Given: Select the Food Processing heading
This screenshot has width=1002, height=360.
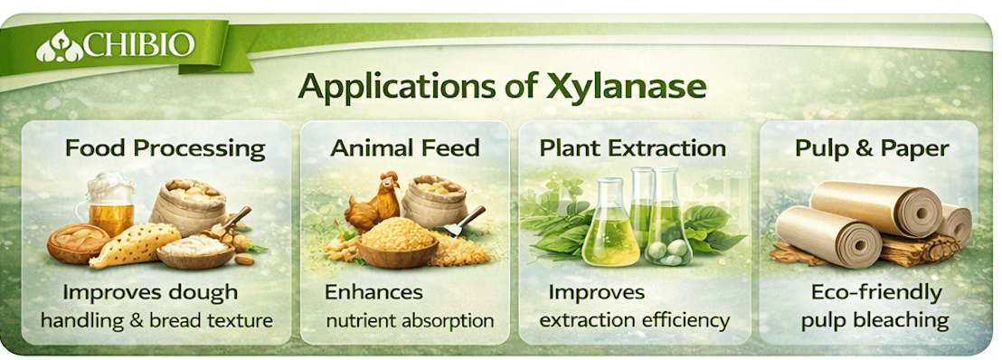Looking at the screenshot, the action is (x=165, y=149).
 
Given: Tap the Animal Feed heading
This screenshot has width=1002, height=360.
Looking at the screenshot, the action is (x=405, y=148).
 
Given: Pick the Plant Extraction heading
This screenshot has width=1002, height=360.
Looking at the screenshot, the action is (x=633, y=148).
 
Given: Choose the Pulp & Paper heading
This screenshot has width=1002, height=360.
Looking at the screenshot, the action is (x=872, y=149).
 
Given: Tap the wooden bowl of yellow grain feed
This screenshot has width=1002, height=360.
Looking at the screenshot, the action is (x=398, y=243).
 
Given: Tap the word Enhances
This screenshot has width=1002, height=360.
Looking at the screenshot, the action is (x=373, y=292).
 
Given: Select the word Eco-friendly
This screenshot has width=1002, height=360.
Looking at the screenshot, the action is (x=876, y=293).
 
